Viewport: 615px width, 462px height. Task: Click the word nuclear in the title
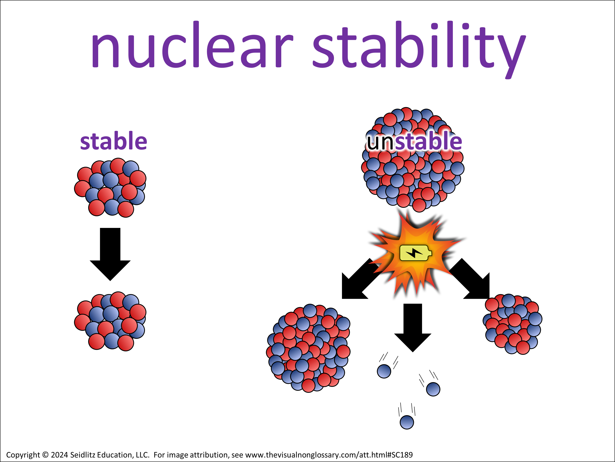[192, 45]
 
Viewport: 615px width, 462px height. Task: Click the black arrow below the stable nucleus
[110, 254]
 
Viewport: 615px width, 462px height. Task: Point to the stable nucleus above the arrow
[110, 187]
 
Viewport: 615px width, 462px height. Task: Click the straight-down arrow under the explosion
[413, 328]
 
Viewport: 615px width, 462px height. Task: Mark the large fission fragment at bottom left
[308, 348]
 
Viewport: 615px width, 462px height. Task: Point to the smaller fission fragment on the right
[512, 324]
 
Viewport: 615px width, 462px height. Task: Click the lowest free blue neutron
[407, 422]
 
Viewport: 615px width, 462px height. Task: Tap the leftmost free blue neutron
[384, 371]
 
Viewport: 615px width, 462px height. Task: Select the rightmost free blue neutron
[433, 389]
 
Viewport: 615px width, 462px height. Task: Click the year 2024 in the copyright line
[59, 455]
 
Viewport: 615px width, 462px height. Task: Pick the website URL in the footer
[329, 455]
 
